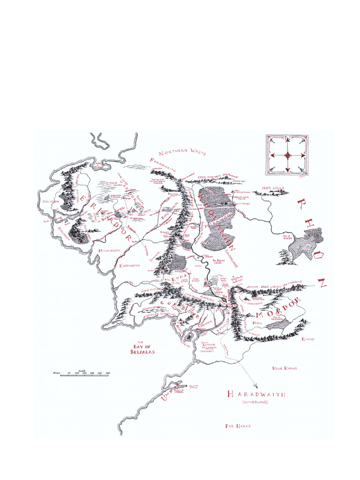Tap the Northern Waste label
[x=179, y=153]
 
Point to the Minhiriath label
[x=109, y=251]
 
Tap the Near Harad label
[x=284, y=368]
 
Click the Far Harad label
[x=238, y=426]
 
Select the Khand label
[x=308, y=338]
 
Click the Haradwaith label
[x=255, y=394]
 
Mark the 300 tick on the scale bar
[x=108, y=373]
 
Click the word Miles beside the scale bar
[x=58, y=373]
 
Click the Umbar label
[x=165, y=397]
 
